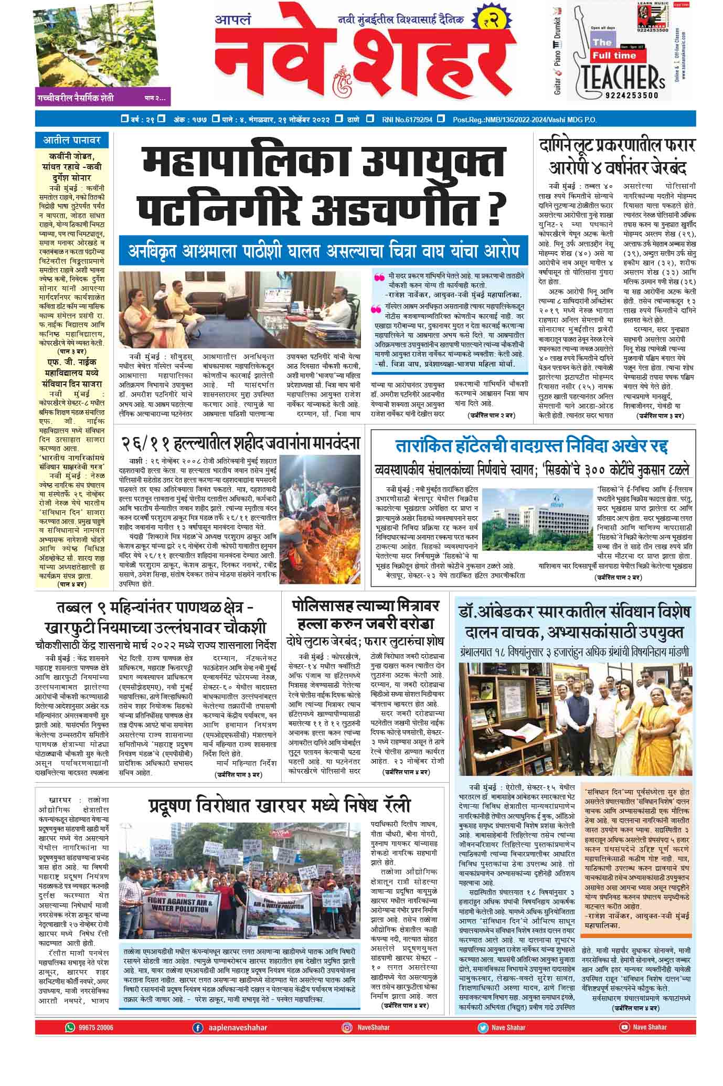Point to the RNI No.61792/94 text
407,119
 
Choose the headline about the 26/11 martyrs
241,444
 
